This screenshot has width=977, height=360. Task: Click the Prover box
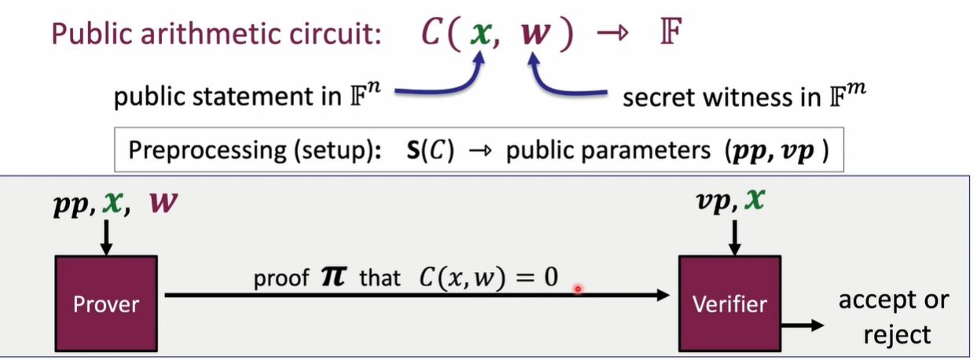point(105,303)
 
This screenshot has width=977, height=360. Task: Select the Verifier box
point(729,303)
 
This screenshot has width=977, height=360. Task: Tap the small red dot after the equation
point(578,289)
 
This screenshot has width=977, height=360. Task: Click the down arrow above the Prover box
point(106,237)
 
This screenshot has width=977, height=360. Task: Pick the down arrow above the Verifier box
point(733,237)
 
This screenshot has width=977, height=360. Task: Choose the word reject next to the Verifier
point(897,334)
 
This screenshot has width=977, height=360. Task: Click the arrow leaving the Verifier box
point(801,325)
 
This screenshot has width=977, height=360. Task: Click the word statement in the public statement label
point(244,98)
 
